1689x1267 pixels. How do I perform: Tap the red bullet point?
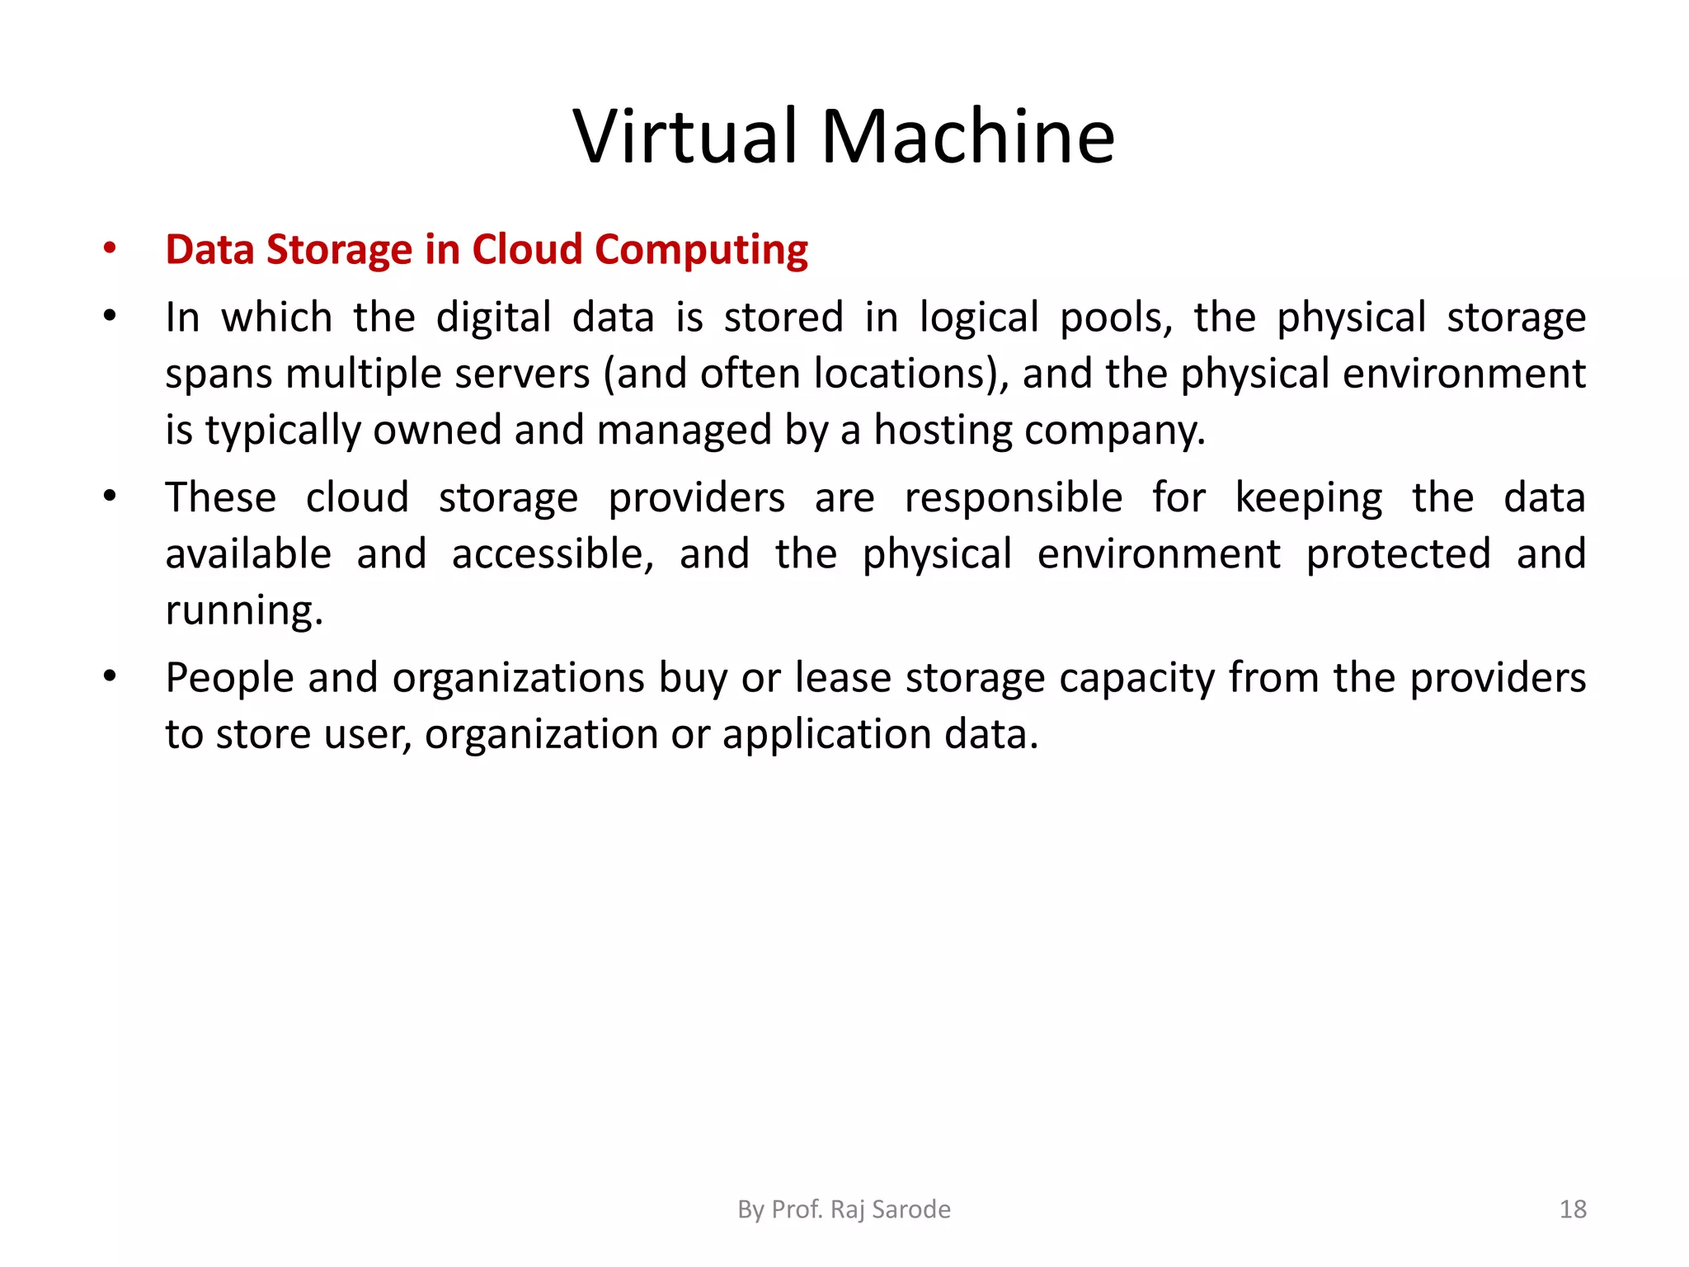click(x=110, y=248)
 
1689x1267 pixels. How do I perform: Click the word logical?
click(x=979, y=318)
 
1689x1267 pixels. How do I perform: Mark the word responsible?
click(x=1014, y=497)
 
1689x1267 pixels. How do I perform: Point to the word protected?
click(x=1399, y=554)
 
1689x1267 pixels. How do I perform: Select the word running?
click(x=244, y=611)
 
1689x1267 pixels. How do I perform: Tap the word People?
click(x=229, y=678)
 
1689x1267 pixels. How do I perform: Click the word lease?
click(x=843, y=678)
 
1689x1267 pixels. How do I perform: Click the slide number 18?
click(x=1573, y=1209)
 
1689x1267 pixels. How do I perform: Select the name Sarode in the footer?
click(x=911, y=1209)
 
